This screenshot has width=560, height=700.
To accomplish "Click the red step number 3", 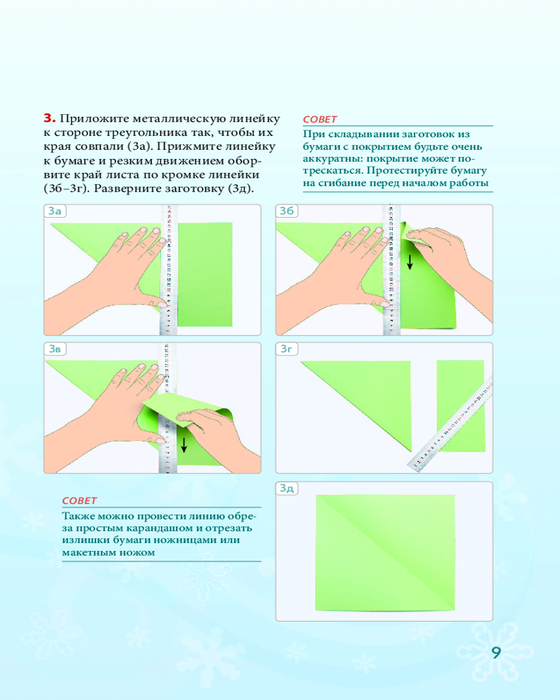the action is (x=50, y=118).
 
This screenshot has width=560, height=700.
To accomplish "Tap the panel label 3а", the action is (x=55, y=211).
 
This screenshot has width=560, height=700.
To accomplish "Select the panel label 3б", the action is (x=287, y=211).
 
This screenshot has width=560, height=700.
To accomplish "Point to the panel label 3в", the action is (x=55, y=349).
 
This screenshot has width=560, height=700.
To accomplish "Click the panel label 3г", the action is (x=286, y=349).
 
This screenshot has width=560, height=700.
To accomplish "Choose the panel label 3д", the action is (x=287, y=489).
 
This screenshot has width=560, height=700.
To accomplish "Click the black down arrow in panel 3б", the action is (x=409, y=262).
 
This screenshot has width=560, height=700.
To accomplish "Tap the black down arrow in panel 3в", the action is (x=183, y=444).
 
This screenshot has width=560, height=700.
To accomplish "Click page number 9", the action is (x=496, y=652).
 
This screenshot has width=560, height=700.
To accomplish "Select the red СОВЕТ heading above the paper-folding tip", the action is (x=320, y=120).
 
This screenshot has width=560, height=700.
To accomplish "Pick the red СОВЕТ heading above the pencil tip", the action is (x=79, y=501).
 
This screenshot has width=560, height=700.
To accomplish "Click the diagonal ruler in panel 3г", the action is (x=451, y=425).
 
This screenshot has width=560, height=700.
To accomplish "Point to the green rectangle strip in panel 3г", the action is (x=461, y=406).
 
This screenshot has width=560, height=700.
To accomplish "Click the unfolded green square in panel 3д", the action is (x=386, y=553).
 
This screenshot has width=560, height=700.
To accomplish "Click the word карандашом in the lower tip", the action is (x=174, y=528).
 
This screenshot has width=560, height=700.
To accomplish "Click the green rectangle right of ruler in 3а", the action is (x=205, y=274).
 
